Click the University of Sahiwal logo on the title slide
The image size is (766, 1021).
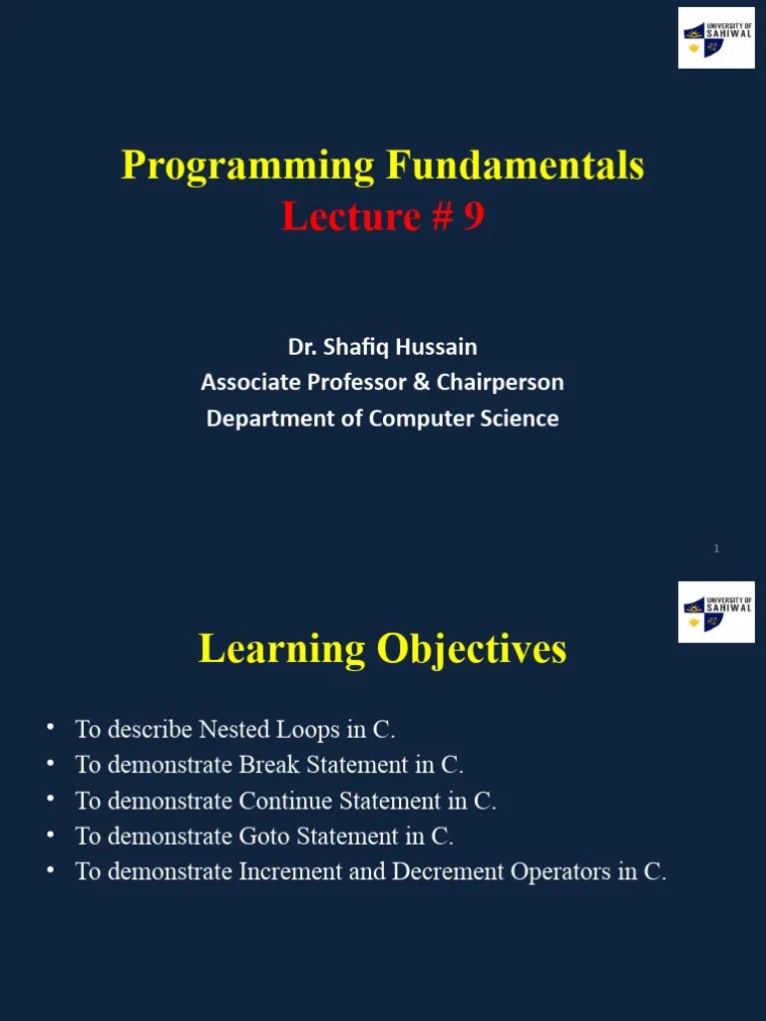point(716,38)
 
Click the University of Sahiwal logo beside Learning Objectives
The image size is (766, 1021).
point(716,612)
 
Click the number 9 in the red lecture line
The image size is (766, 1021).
point(474,216)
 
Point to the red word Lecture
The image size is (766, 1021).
point(337,216)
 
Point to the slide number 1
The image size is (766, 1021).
point(716,548)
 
